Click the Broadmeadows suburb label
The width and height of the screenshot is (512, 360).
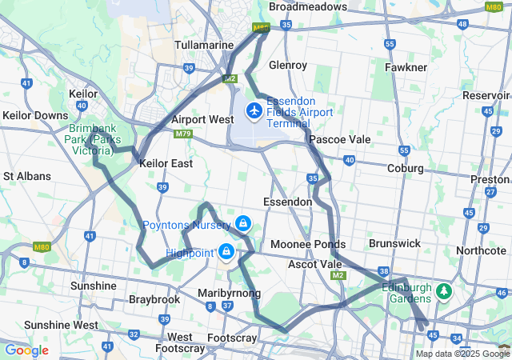308,6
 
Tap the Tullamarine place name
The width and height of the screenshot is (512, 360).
204,45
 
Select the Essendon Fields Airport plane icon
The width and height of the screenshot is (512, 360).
255,110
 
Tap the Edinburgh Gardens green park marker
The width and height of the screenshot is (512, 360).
442,292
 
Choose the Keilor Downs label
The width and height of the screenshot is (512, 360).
35,115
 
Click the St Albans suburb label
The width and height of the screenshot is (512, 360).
27,176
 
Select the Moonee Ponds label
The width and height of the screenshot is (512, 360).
308,244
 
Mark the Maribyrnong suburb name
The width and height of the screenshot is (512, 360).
229,294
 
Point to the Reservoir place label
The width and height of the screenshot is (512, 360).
486,95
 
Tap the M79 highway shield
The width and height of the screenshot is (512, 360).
182,134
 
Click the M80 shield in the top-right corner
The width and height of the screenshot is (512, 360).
494,6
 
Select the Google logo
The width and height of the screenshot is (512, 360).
26,350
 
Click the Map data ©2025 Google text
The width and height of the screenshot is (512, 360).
462,354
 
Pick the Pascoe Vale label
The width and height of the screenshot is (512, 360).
340,139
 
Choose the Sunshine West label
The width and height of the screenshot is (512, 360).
61,325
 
